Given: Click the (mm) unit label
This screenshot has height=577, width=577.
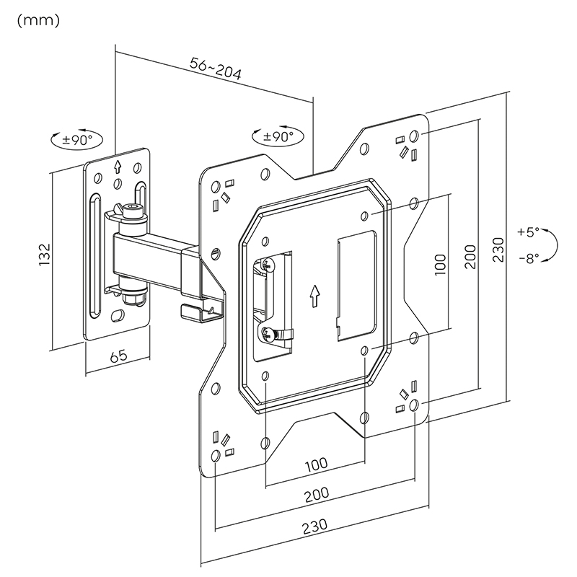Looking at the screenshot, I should (x=37, y=20).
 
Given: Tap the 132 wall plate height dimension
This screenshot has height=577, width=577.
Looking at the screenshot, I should (x=45, y=256).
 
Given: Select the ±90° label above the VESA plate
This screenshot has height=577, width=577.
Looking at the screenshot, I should (x=278, y=136).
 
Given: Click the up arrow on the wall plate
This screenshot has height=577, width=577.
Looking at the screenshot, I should (x=117, y=167).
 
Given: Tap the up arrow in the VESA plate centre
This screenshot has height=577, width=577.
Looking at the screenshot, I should (x=314, y=294).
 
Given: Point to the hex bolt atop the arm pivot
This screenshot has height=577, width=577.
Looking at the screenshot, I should (x=132, y=210).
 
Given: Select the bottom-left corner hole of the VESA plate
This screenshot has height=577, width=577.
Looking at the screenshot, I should (x=216, y=454).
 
